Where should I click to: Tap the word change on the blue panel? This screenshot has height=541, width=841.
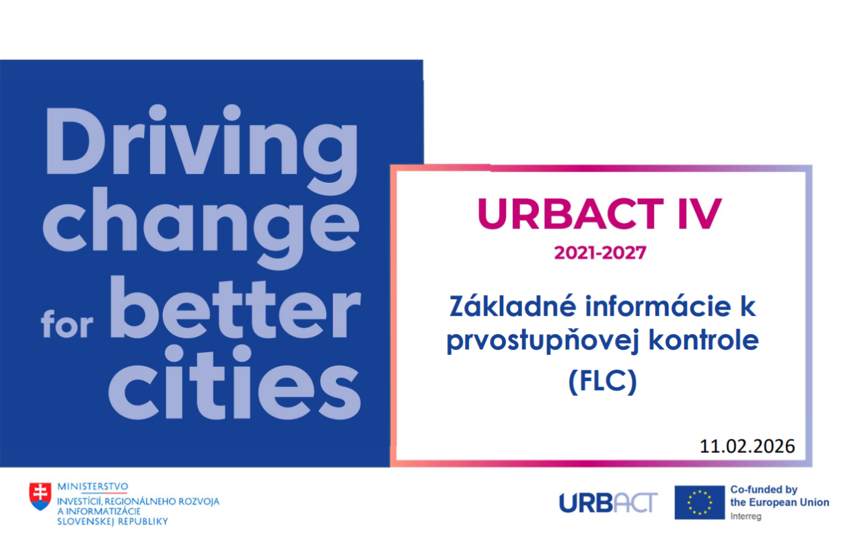coord(201,228)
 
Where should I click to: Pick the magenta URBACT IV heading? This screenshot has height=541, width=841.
coord(599,213)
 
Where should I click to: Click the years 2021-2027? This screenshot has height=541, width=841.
coord(600,253)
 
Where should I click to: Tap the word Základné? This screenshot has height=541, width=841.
coord(513,306)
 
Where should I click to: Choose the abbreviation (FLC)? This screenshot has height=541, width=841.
coord(603,382)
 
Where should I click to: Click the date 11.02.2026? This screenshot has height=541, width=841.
coord(747,446)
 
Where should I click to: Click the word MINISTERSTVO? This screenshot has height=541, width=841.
coord(92,487)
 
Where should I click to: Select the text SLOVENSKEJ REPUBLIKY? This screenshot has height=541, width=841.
coord(112,522)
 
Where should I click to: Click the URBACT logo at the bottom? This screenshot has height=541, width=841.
coord(608,503)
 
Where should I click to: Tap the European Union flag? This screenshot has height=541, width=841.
coord(700,503)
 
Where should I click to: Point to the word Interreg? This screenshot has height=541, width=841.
coord(745,517)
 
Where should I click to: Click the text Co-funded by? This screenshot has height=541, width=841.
coord(764,490)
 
